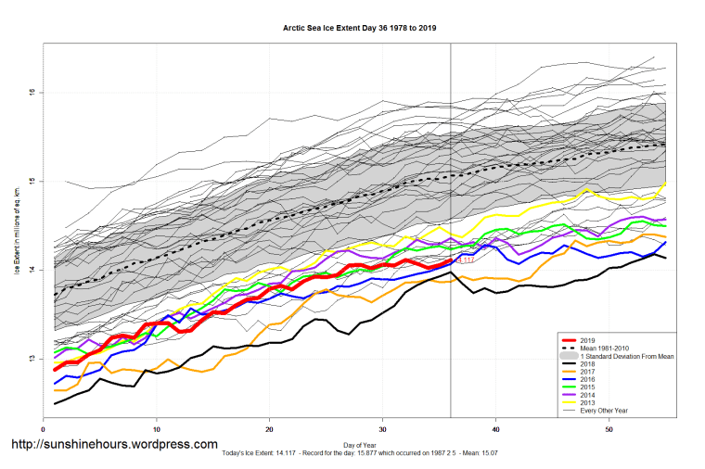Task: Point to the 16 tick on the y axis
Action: (32, 92)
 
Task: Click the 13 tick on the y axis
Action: (32, 359)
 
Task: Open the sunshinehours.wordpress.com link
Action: (113, 445)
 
